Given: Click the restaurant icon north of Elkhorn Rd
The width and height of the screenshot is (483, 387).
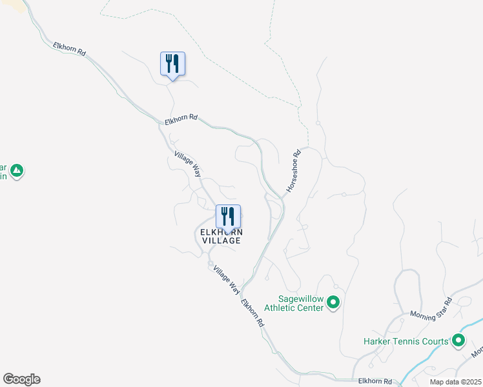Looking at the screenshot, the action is [172, 64].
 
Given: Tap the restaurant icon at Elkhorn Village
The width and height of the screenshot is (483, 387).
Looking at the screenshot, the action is [228, 216].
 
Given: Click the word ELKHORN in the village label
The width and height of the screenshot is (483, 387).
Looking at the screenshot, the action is [221, 232].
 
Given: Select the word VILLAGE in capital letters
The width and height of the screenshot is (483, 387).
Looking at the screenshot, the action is [221, 241].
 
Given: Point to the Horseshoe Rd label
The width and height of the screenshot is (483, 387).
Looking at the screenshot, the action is [294, 171].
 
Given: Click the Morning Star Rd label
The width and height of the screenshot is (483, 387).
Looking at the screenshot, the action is [432, 309].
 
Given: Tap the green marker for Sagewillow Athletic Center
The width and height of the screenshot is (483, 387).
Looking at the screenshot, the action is [333, 302].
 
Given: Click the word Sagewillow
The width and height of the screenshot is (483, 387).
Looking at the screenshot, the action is [300, 299].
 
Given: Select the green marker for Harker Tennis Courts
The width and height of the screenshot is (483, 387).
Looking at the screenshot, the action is [458, 340].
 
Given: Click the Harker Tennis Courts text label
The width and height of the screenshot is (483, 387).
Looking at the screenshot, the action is [406, 341].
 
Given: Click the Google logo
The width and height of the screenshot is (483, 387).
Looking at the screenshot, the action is [21, 379].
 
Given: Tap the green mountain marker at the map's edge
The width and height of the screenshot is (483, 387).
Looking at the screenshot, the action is [17, 171].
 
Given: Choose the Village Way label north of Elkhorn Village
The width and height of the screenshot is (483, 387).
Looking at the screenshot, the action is [188, 166].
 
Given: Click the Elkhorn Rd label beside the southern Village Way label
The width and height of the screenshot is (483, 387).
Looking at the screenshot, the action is [252, 312].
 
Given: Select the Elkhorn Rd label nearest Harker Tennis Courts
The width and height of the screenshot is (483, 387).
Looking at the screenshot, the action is [375, 381].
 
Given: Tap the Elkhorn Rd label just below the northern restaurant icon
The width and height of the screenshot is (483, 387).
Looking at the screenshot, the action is [180, 120].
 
